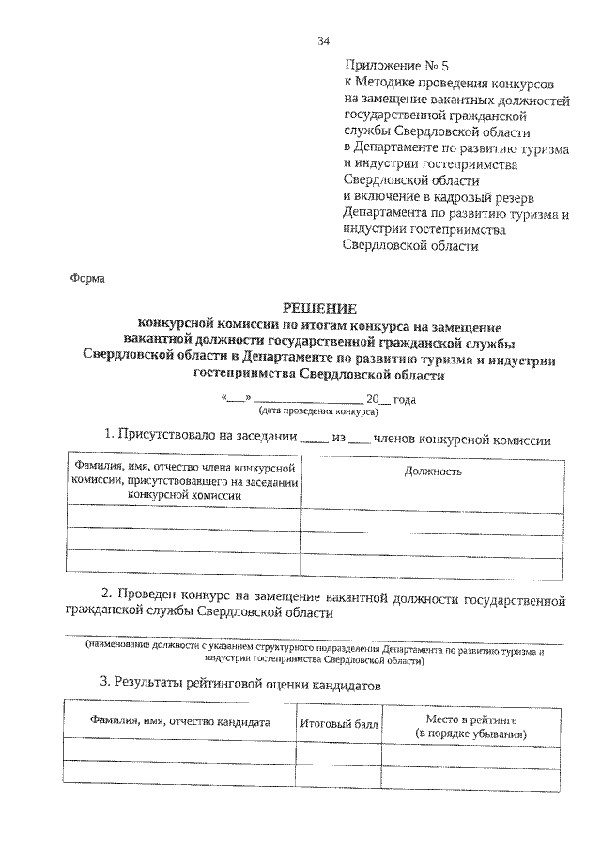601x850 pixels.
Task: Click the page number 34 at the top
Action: (x=323, y=40)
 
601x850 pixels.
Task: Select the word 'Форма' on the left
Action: (x=89, y=278)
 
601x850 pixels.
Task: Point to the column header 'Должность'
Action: (x=433, y=471)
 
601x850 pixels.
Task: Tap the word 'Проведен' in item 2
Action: (x=152, y=595)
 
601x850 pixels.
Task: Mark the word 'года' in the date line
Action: (x=404, y=398)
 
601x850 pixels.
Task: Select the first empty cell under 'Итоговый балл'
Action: (x=339, y=749)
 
